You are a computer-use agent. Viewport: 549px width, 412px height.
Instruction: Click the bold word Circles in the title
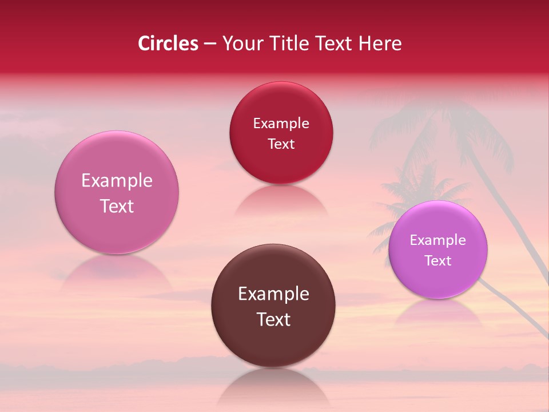168,43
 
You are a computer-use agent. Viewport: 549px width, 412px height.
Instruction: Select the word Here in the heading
381,43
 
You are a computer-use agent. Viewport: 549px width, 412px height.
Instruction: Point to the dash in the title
210,44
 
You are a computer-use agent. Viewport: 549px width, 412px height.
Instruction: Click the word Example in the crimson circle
281,124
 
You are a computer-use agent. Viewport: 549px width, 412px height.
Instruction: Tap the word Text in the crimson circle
281,144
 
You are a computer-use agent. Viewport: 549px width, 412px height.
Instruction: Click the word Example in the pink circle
117,181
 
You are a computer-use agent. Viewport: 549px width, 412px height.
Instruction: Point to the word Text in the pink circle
117,206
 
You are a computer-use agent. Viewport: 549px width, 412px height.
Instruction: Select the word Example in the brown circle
273,294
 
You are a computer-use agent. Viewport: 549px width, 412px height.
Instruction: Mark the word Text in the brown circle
273,319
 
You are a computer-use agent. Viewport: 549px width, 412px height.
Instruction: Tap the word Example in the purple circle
437,240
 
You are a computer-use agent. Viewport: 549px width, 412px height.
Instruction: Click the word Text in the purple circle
438,261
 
